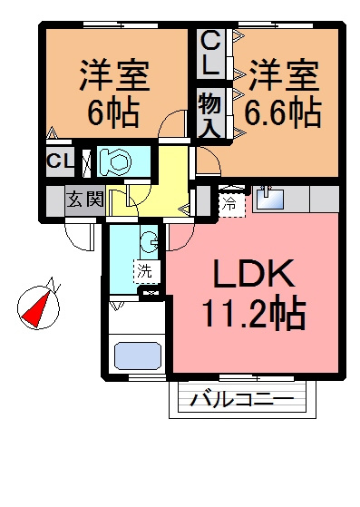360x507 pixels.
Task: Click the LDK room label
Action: tap(254, 274)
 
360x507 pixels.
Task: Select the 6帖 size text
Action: tap(113, 112)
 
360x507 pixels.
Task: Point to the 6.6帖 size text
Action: tap(283, 112)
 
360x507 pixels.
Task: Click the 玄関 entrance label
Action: tap(85, 199)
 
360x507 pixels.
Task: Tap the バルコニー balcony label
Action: tap(242, 400)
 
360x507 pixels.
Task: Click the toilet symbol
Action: tap(115, 161)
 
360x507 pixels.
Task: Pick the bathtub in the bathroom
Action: tap(138, 356)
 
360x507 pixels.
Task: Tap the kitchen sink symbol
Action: tap(270, 199)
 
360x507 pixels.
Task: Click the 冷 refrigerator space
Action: tap(231, 204)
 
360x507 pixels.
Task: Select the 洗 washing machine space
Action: tap(147, 271)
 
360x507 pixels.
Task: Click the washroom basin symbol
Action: tap(150, 241)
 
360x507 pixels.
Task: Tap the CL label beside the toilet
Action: tap(60, 161)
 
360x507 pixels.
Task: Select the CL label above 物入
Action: tap(210, 54)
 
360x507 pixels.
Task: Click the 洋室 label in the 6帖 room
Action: tap(113, 75)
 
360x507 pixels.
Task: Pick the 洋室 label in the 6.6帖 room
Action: tap(283, 75)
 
